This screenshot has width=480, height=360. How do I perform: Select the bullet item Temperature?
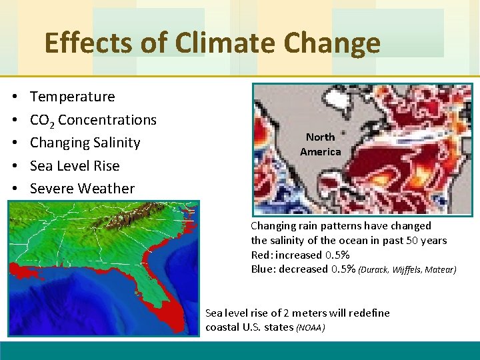(x=72, y=97)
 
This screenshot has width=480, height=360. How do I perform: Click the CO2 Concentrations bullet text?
(x=93, y=120)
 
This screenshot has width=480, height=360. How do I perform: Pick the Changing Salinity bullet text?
(x=85, y=143)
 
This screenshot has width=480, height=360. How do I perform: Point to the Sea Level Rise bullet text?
(x=75, y=166)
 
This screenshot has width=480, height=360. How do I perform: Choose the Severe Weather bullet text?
(x=82, y=189)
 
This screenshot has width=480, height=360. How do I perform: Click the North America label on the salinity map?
(x=320, y=144)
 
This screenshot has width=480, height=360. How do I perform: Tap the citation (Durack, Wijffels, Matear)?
(x=407, y=270)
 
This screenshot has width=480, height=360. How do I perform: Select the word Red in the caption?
(x=261, y=255)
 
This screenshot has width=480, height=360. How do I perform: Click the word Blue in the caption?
(x=263, y=269)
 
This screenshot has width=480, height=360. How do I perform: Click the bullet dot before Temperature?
(x=14, y=97)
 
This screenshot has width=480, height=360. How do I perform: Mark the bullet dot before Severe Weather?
(x=14, y=189)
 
